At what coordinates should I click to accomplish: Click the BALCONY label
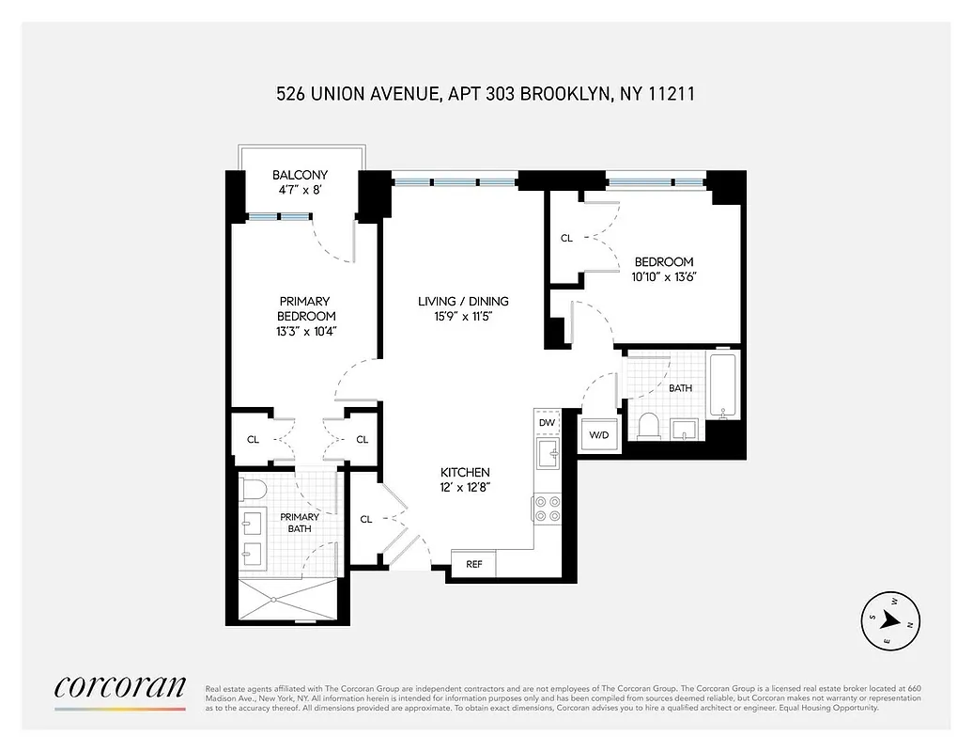(300, 175)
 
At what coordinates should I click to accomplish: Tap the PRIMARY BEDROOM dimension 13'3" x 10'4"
(306, 331)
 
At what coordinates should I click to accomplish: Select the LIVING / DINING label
(463, 302)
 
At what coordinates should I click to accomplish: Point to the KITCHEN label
(466, 472)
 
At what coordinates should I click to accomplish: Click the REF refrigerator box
(474, 564)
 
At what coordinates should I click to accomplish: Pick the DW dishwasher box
(547, 423)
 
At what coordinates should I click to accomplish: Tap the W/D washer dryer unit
(599, 435)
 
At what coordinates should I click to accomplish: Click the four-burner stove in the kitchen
(547, 508)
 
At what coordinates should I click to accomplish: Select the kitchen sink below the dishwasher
(547, 455)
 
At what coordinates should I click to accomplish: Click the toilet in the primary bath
(253, 489)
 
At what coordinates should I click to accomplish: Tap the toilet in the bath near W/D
(649, 427)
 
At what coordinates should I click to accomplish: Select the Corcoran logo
(119, 688)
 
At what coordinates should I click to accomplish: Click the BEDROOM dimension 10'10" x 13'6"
(664, 276)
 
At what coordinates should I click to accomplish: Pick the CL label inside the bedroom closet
(566, 238)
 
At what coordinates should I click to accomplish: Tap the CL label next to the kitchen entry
(366, 519)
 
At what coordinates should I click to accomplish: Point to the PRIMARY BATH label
(300, 523)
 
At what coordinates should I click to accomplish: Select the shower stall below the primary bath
(287, 603)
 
